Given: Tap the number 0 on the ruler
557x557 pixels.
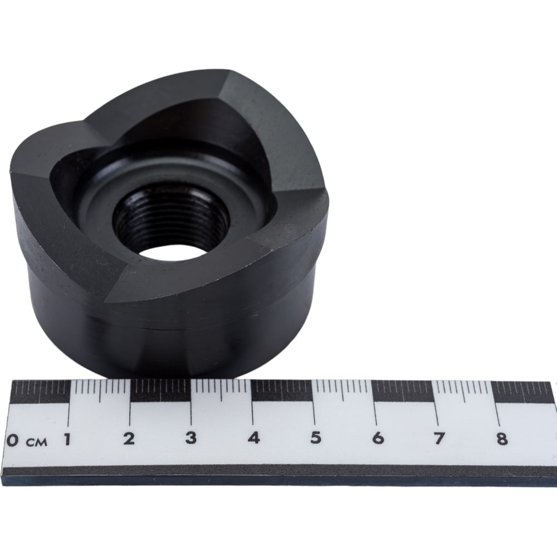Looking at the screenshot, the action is (13, 440).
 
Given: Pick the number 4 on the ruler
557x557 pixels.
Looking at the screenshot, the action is (253, 438).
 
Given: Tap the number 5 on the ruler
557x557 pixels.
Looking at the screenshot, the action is (315, 438).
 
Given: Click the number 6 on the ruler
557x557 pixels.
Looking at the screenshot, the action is (378, 438).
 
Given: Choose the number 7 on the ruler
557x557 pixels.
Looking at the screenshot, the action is (439, 438).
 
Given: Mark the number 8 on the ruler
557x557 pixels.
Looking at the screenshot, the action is (502, 439).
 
